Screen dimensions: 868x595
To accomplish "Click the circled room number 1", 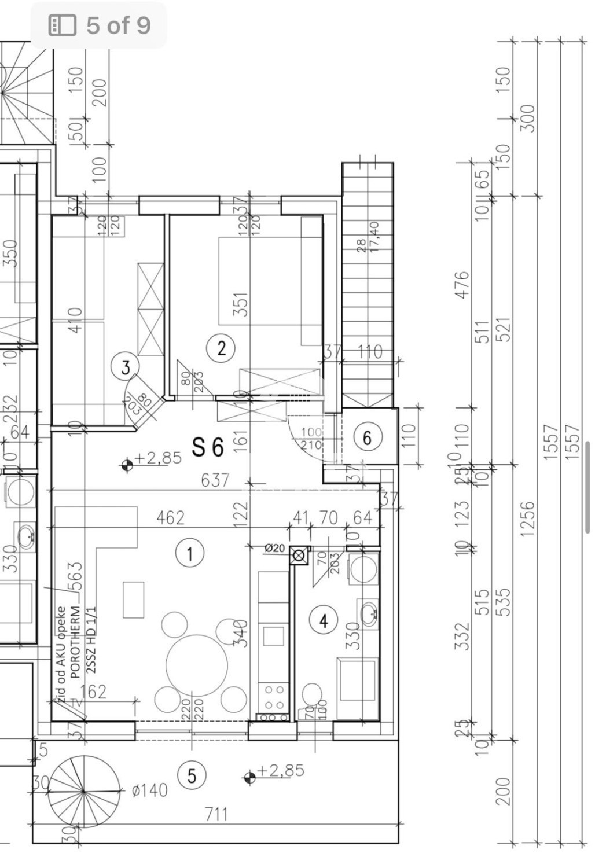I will point(190,553).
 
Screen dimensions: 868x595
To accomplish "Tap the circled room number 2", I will point(221,348).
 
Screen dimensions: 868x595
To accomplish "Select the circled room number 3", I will point(126,367).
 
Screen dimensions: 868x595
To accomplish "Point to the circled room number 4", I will point(324,621).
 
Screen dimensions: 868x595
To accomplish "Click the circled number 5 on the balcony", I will point(192,775).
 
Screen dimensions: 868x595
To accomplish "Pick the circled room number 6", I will point(367,437).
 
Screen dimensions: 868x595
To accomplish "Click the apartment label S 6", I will point(208,447).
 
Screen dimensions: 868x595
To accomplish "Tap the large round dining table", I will point(196,665).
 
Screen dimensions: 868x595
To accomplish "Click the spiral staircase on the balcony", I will point(84,791).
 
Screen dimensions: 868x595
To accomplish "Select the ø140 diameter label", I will point(149,790).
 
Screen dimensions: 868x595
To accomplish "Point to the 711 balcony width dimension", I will point(216,814).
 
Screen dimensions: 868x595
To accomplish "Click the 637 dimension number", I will point(215,480).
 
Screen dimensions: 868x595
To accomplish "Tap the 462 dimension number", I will point(170,517).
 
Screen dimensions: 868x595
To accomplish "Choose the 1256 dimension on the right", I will point(527,519).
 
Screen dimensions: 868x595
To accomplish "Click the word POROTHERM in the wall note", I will point(75,642).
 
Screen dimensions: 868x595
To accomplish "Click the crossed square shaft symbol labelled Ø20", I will point(299,556).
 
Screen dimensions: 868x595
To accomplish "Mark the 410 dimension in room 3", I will point(75,320).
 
